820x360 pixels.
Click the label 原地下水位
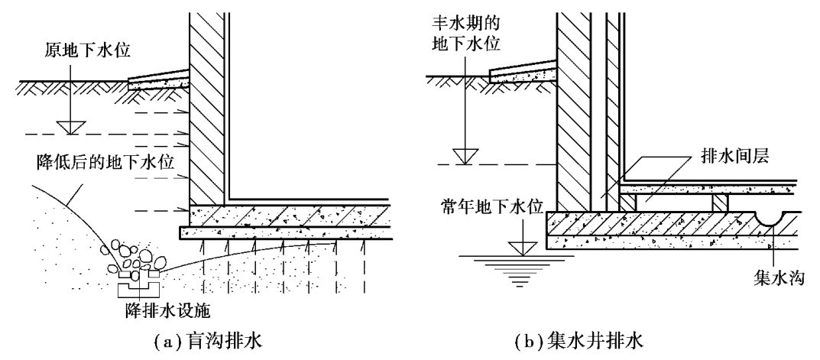pos(87,50)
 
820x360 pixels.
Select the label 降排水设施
pos(167,311)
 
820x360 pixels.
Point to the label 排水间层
pos(734,157)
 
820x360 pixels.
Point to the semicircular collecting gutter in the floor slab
pos(771,218)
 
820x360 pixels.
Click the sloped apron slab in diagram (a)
pos(158,79)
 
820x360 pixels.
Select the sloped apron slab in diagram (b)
pos(523,72)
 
